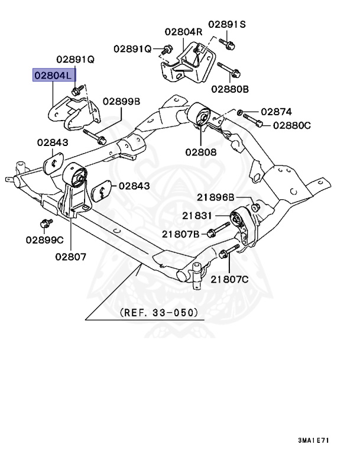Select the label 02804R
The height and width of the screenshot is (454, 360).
[183, 31]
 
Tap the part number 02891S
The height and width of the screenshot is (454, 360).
[229, 25]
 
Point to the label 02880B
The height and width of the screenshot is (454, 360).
[230, 89]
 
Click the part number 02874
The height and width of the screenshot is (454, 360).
[277, 111]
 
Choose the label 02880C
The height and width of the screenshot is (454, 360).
[291, 125]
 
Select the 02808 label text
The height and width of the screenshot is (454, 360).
[200, 152]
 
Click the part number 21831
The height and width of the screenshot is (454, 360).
[196, 216]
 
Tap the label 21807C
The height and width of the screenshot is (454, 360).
[230, 280]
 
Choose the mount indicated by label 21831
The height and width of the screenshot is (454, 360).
[242, 225]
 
